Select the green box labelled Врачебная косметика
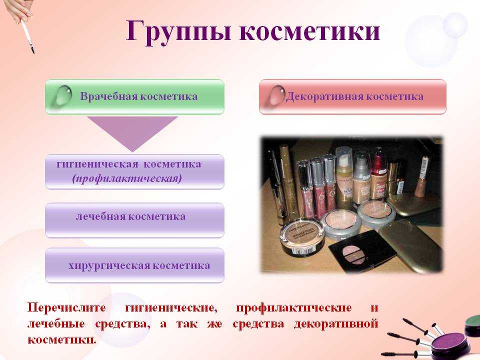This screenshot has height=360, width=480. click(x=134, y=96)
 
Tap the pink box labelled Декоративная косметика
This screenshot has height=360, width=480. click(x=352, y=96)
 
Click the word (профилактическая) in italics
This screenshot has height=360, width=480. click(x=126, y=178)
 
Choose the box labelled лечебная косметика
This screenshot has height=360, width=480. click(x=134, y=220)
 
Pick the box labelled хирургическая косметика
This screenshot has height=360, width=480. click(x=134, y=265)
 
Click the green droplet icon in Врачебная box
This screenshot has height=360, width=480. click(x=63, y=95)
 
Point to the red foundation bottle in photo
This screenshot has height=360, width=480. click(x=378, y=174)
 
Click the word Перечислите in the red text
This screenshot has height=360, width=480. click(x=66, y=307)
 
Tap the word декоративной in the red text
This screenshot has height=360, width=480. click(x=336, y=324)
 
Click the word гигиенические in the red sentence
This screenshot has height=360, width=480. click(x=171, y=307)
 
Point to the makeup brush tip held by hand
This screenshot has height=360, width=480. click(x=32, y=49)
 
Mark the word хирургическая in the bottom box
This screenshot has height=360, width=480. click(x=109, y=265)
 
